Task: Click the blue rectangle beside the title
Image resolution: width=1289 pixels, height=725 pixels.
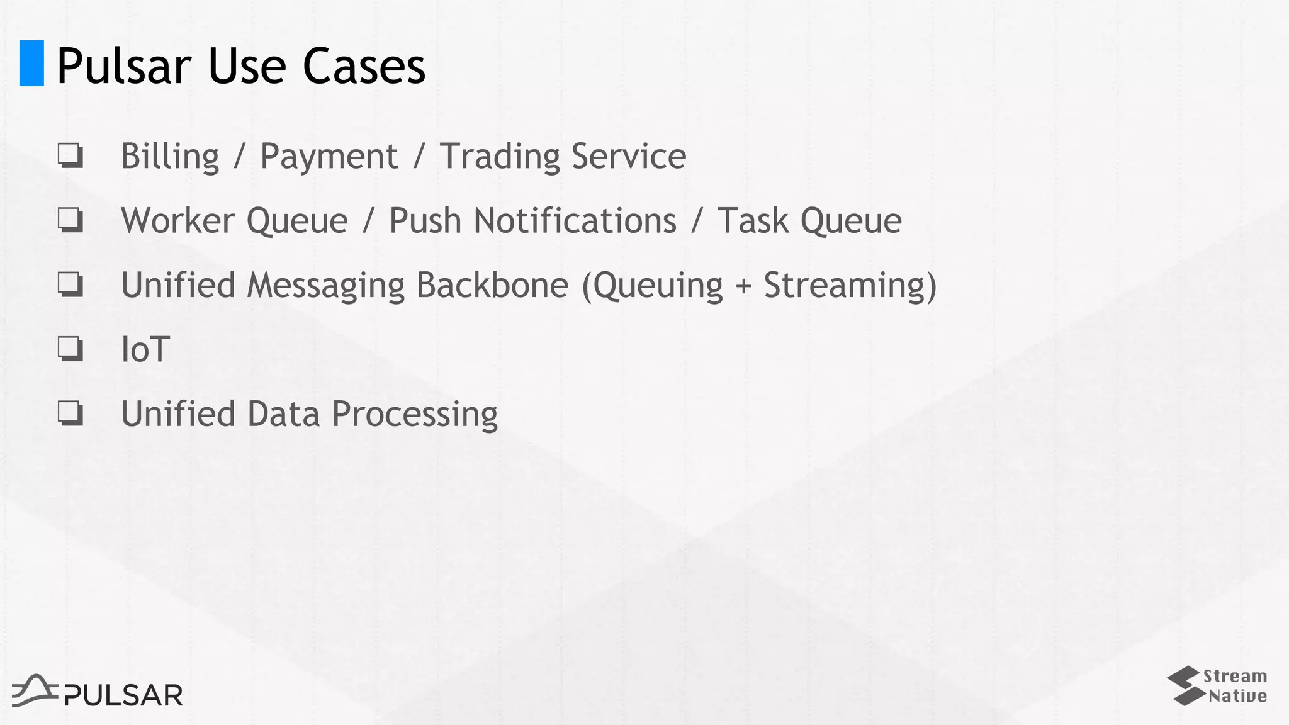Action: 31,63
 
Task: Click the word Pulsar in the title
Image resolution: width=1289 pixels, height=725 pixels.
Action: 123,66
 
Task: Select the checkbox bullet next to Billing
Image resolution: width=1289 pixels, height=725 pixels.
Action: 70,155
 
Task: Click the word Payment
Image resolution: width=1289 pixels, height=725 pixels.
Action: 329,157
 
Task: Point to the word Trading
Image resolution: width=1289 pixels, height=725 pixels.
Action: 499,157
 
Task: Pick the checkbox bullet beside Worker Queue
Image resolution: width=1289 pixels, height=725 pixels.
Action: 70,220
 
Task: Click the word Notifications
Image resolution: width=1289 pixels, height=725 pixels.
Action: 575,221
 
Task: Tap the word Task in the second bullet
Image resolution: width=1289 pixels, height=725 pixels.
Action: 752,221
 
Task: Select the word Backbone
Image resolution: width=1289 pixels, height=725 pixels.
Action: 492,285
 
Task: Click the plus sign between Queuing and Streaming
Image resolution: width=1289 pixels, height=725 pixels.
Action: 743,286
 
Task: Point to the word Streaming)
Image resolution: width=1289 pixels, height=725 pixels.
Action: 850,285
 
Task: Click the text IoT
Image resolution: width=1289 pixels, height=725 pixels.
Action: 145,350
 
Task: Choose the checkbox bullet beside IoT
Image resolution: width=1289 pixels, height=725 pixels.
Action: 70,349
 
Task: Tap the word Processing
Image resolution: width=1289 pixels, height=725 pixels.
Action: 414,415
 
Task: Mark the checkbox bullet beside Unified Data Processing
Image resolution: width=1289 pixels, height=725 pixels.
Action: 70,413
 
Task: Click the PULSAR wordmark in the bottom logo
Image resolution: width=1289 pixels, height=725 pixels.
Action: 123,695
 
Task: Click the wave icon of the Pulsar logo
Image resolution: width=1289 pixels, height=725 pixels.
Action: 35,690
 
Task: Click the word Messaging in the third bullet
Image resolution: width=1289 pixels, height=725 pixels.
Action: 325,285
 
